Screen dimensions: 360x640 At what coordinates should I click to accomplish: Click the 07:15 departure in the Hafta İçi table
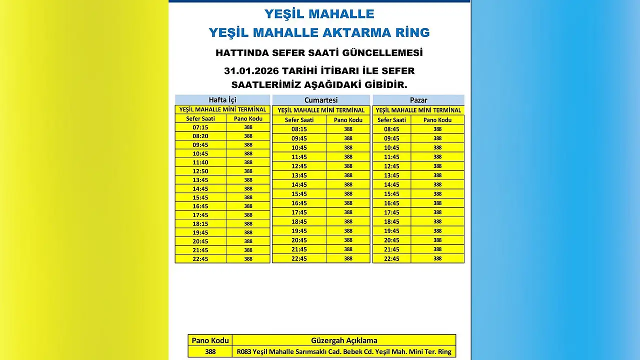(x=200, y=127)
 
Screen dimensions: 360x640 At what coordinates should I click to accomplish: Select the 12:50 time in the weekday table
(x=200, y=171)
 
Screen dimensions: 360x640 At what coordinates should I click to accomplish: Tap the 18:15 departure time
(x=200, y=223)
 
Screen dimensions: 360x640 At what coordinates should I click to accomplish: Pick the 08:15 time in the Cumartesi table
(x=299, y=129)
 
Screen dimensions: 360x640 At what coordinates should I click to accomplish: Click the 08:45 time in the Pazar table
(x=391, y=129)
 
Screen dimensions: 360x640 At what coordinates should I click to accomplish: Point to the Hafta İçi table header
(x=222, y=100)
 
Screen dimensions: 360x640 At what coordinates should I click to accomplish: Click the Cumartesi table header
(x=321, y=100)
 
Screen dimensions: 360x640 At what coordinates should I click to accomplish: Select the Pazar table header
(x=418, y=100)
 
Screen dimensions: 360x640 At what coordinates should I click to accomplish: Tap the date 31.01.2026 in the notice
(x=251, y=71)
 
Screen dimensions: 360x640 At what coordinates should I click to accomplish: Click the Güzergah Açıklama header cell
(x=344, y=340)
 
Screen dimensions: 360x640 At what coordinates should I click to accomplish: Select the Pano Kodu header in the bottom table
(x=210, y=340)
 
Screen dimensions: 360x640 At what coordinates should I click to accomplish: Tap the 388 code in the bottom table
(x=210, y=351)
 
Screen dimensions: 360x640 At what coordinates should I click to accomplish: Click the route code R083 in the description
(x=244, y=351)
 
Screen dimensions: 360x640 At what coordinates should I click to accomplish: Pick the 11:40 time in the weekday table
(x=200, y=162)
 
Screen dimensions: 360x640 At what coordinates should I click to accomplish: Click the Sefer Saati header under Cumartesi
(x=299, y=120)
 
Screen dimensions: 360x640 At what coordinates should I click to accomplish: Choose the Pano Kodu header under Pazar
(x=437, y=120)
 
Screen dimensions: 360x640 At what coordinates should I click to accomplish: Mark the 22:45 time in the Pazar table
(x=391, y=258)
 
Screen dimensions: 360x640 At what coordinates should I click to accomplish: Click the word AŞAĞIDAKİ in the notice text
(x=332, y=84)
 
